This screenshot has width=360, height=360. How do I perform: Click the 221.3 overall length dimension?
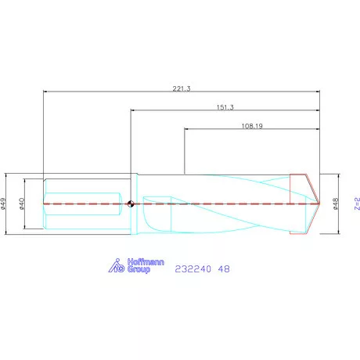(182, 88)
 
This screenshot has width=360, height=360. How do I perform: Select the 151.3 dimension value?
(225, 107)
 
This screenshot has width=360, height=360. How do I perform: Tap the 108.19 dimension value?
(252, 126)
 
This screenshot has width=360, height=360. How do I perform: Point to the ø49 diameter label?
(3, 203)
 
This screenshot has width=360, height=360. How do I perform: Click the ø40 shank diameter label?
(22, 203)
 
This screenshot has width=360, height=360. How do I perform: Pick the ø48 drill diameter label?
(336, 203)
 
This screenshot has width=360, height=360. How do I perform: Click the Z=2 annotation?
(357, 203)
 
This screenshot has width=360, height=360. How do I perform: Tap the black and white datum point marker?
(131, 203)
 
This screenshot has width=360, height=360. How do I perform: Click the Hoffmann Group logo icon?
(117, 265)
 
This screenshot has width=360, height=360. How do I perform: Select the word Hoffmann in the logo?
(146, 262)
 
